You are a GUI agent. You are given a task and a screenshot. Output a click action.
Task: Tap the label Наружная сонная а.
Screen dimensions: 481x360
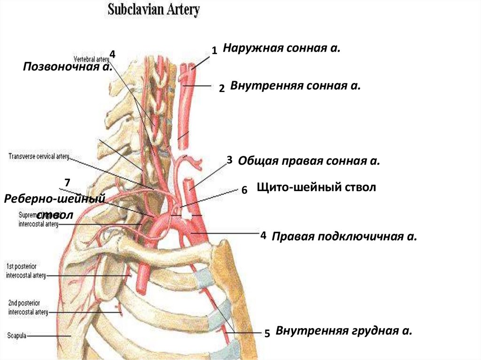[281, 48]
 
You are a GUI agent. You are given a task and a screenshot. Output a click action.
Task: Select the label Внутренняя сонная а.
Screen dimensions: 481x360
[295, 86]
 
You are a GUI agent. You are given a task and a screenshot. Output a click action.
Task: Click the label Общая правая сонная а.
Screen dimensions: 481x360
[309, 161]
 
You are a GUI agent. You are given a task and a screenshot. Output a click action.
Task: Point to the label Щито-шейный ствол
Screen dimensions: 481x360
[317, 188]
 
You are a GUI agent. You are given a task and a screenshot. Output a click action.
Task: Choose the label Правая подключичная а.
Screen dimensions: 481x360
[344, 236]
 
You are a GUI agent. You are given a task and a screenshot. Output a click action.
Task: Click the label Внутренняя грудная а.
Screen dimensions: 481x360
[344, 331]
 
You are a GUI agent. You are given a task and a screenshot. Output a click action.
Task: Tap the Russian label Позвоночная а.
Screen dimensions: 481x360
[67, 67]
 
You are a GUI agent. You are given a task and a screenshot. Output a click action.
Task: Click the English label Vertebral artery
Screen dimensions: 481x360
[91, 59]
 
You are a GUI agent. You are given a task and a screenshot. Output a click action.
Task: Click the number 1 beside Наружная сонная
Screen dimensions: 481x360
[214, 51]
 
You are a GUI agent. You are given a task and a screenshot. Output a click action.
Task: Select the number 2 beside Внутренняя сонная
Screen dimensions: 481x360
[222, 88]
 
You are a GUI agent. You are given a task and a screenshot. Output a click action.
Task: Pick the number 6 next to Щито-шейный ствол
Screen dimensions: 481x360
[244, 191]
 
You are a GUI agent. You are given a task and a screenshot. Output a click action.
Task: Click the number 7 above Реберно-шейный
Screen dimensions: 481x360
[67, 182]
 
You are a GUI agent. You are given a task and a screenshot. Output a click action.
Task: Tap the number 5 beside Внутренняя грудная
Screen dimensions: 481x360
[267, 334]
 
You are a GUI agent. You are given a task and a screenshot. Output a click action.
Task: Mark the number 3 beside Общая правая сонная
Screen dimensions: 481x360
[229, 160]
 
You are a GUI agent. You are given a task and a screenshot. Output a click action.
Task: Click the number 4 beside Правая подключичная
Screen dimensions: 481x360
[263, 235]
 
